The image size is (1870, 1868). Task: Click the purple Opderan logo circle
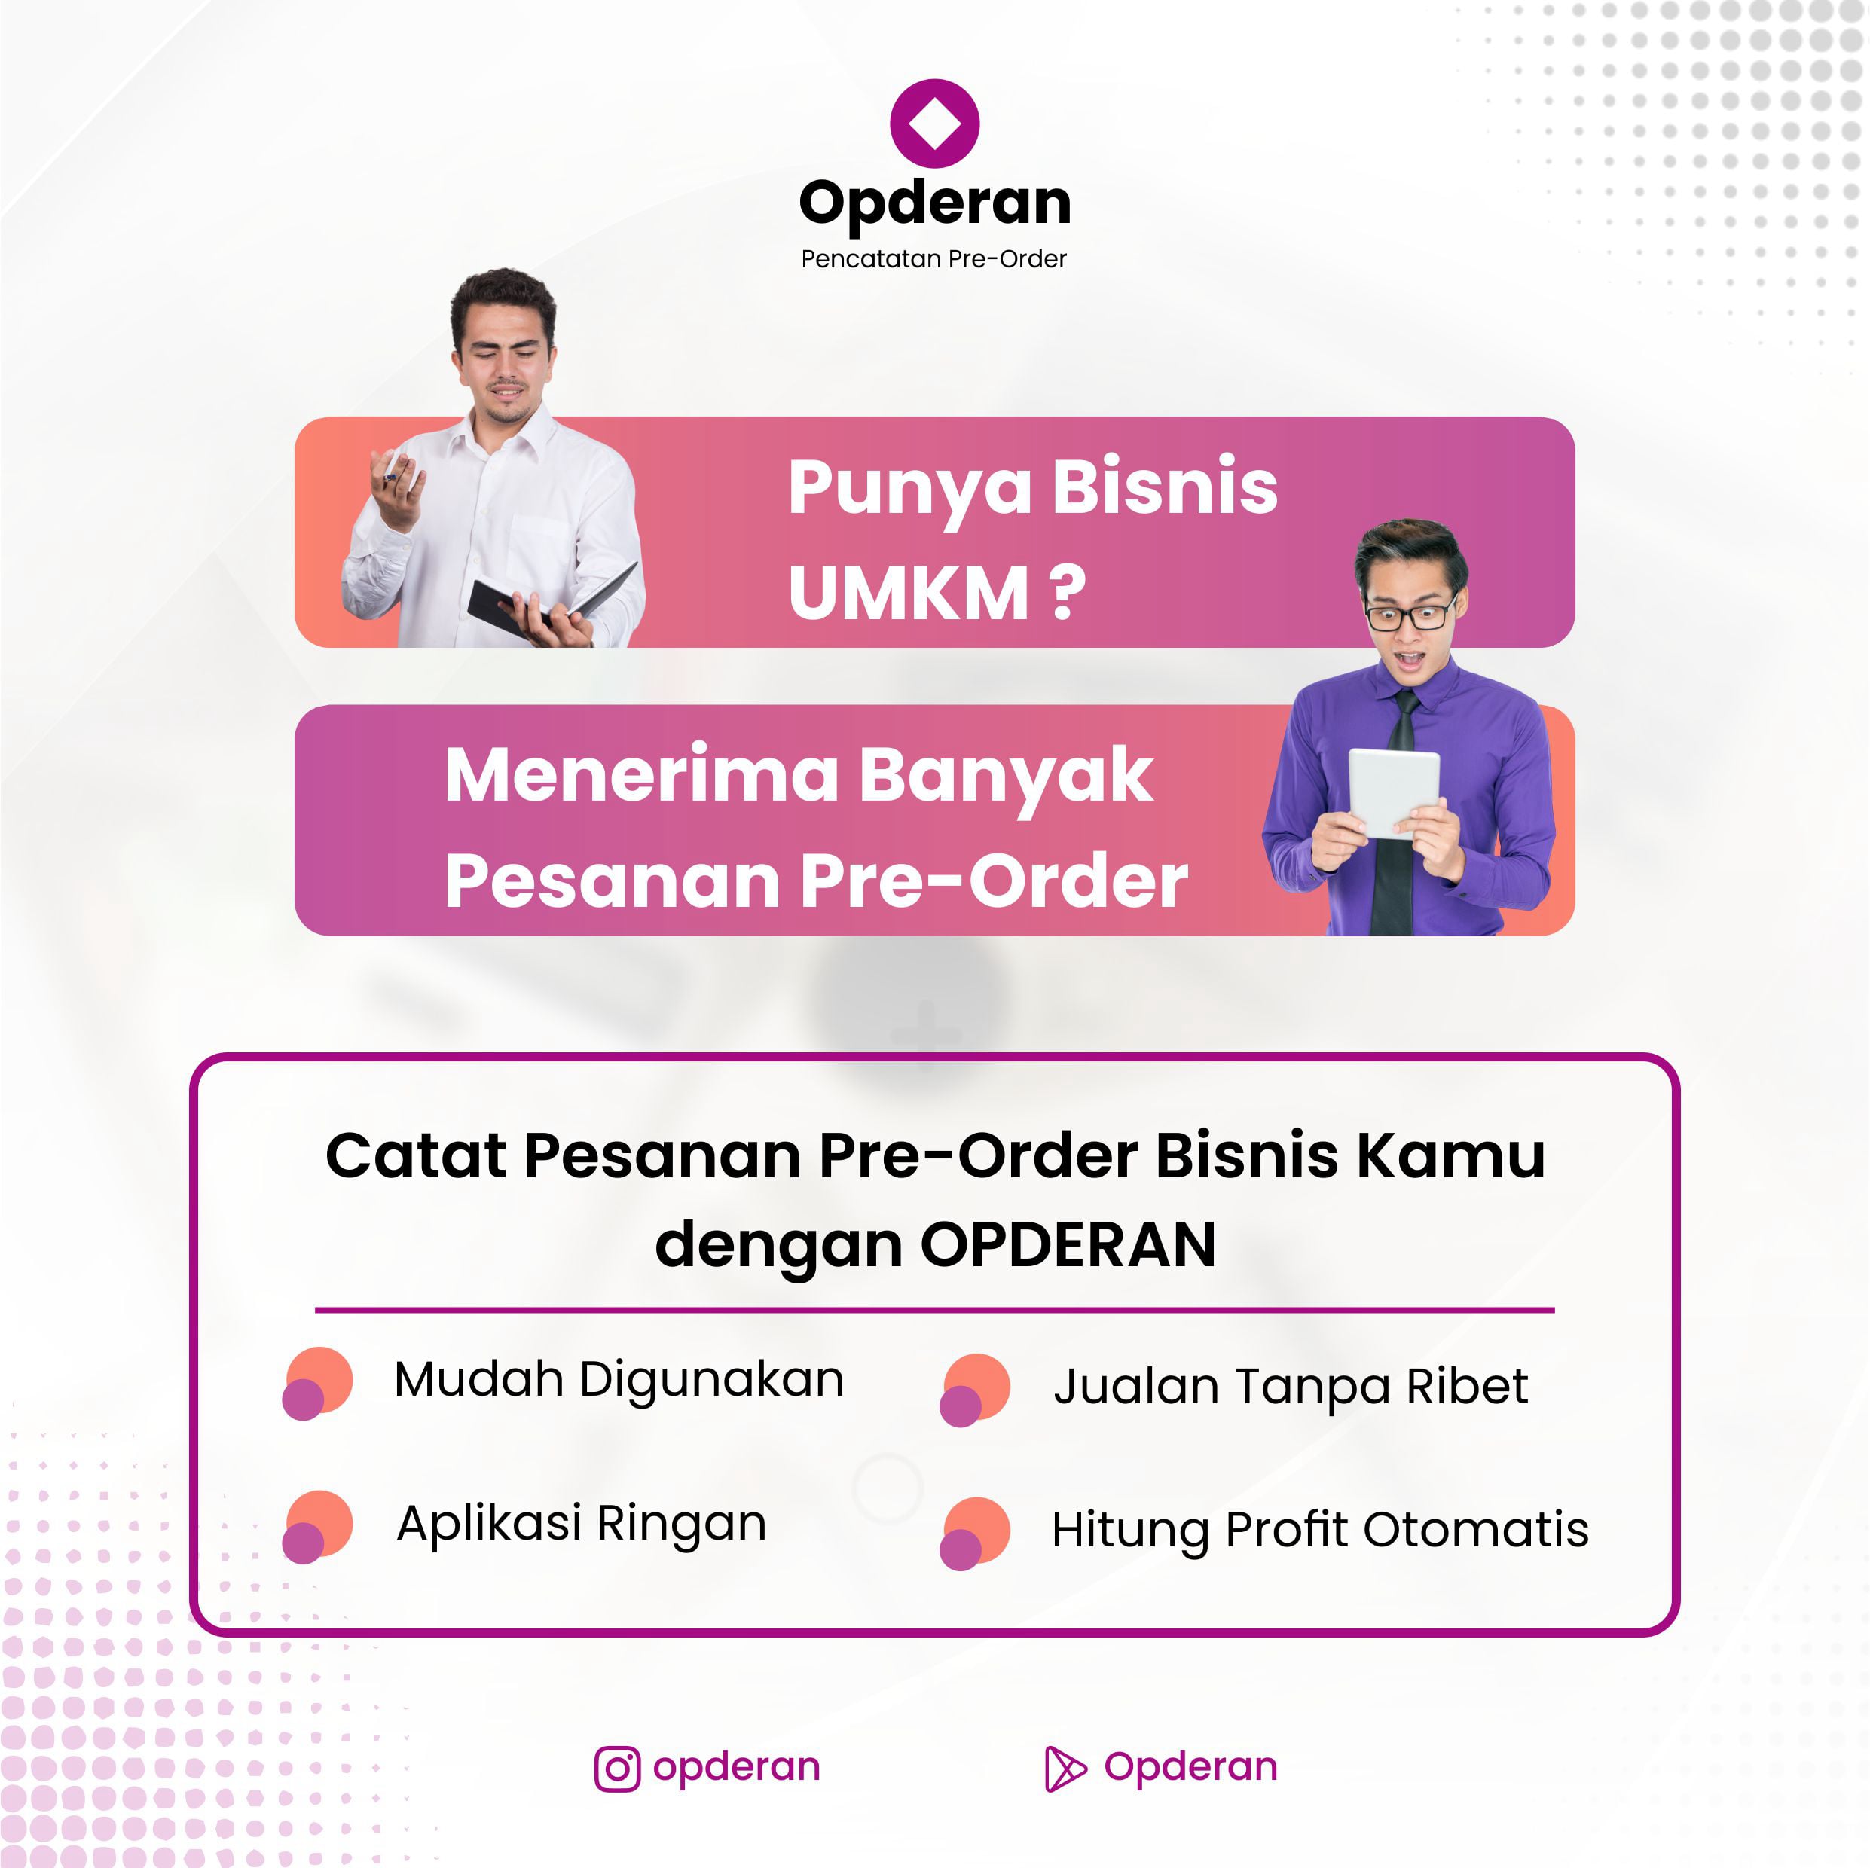[x=934, y=123]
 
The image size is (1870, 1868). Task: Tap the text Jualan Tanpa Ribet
[x=1290, y=1386]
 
